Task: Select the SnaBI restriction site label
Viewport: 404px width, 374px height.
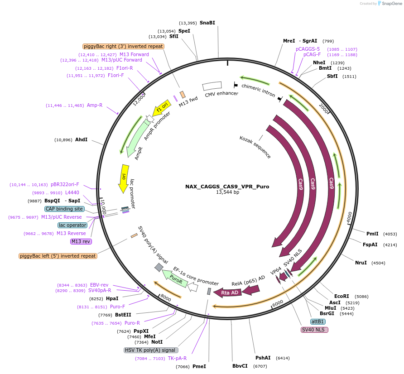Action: (207, 23)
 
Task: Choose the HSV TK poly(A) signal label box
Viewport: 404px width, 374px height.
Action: (151, 350)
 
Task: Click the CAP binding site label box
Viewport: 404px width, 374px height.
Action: (64, 209)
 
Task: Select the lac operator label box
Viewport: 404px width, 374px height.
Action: (72, 225)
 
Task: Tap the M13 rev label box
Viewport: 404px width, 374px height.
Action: (81, 241)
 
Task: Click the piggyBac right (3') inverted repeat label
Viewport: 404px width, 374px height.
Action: (123, 46)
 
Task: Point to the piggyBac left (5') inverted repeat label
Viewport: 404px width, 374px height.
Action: (58, 256)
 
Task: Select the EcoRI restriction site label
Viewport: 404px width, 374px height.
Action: (341, 297)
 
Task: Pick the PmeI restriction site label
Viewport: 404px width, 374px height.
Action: (199, 366)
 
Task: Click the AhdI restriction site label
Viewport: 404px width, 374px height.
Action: (82, 139)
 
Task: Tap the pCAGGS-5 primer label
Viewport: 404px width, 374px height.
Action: (308, 49)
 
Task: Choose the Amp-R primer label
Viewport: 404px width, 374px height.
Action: (95, 105)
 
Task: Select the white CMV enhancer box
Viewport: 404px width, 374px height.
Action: (212, 86)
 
